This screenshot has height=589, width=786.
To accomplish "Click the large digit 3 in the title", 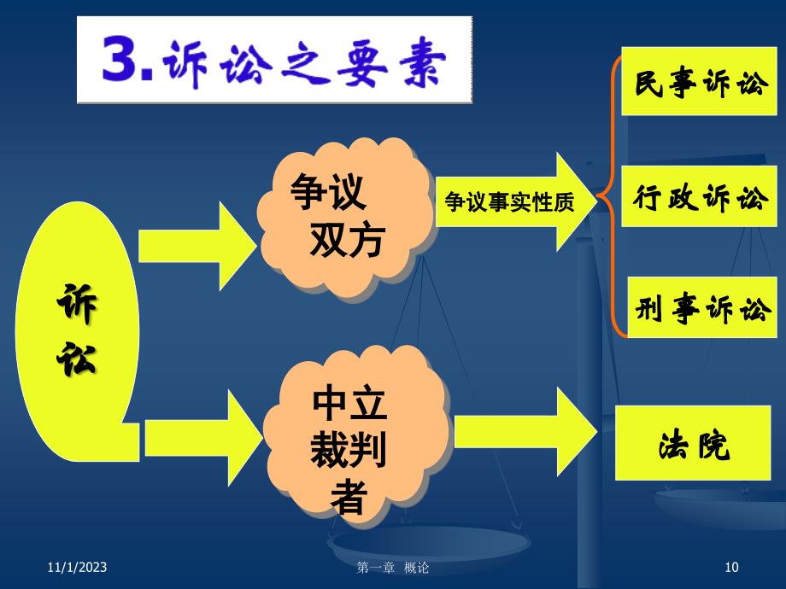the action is click(x=121, y=58).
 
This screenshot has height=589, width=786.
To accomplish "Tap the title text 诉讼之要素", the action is click(x=304, y=63).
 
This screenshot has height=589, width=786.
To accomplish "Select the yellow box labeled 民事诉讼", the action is click(x=699, y=81).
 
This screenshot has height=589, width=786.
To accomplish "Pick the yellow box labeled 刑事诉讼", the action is click(x=701, y=307).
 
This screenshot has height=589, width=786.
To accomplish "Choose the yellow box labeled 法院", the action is click(x=693, y=443).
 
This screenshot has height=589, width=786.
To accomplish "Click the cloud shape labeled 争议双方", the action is click(x=346, y=218).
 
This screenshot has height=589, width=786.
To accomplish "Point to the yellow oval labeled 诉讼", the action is click(x=78, y=331).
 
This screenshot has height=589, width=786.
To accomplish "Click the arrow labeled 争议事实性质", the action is click(x=516, y=201).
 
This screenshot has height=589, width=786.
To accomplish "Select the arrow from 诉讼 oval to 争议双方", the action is click(x=197, y=246).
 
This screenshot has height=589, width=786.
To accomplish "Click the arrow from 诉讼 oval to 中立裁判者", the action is click(x=203, y=438).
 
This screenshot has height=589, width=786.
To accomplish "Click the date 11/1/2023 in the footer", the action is click(x=77, y=567).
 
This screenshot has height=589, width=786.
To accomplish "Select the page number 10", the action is click(x=731, y=567).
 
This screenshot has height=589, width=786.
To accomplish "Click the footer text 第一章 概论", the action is click(x=392, y=568).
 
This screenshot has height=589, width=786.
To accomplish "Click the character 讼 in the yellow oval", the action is click(x=76, y=359).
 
